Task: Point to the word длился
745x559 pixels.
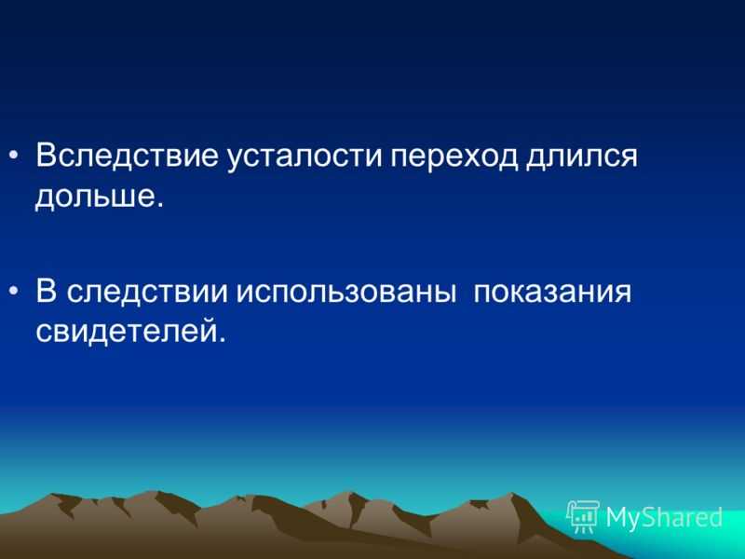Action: click(580, 156)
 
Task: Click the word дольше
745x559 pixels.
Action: click(94, 195)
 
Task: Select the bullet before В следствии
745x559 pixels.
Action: click(14, 291)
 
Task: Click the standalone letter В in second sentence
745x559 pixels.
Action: click(46, 291)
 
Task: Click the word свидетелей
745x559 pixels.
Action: click(125, 331)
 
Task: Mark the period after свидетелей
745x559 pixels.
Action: click(220, 339)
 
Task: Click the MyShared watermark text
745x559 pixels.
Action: click(664, 518)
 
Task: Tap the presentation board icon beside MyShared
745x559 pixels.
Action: click(584, 516)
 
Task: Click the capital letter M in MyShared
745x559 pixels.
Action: click(617, 516)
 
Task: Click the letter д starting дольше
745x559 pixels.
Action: click(47, 198)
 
